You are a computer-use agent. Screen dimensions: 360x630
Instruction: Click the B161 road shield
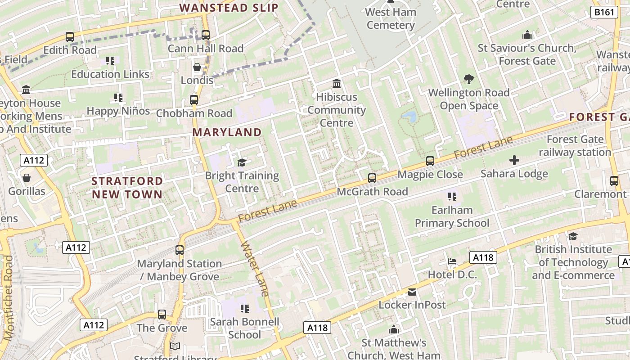(x=603, y=12)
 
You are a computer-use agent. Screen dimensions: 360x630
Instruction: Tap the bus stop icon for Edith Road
(x=70, y=37)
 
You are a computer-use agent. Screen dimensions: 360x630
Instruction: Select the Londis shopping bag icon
(x=197, y=67)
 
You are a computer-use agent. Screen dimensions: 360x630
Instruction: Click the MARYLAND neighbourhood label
(x=227, y=132)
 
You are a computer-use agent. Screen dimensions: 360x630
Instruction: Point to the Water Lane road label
(x=255, y=269)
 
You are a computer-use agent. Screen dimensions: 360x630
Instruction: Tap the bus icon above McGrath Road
(x=372, y=178)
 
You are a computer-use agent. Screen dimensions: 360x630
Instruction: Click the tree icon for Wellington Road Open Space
(x=469, y=80)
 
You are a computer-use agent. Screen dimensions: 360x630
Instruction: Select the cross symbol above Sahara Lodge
(x=514, y=160)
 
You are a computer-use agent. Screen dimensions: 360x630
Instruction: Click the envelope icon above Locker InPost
(x=412, y=292)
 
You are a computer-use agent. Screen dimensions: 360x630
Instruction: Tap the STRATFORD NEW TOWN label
(x=127, y=188)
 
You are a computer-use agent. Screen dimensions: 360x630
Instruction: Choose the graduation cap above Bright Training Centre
(x=242, y=162)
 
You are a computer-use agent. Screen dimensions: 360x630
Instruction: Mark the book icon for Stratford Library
(x=175, y=346)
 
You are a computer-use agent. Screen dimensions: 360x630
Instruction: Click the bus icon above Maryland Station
(x=180, y=250)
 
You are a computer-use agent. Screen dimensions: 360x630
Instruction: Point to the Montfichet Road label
(x=8, y=298)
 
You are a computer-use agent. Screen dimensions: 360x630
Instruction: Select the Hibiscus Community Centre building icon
(x=336, y=84)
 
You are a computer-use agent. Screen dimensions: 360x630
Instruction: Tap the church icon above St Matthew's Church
(x=394, y=330)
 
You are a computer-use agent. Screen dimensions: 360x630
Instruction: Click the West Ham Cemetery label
(x=391, y=18)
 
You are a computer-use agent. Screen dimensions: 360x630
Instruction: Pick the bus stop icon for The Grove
(x=162, y=315)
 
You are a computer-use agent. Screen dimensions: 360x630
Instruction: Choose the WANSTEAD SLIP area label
(x=229, y=8)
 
